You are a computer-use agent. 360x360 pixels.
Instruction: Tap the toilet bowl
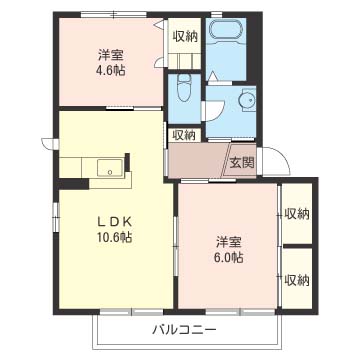click(x=184, y=87)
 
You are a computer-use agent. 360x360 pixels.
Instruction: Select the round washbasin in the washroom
click(x=247, y=99)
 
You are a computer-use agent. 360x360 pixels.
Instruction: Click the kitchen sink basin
click(x=110, y=168)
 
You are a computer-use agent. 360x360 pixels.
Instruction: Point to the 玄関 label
click(x=242, y=162)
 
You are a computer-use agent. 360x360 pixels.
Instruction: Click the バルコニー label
click(x=184, y=330)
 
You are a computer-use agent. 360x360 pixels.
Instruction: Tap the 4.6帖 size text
click(x=112, y=70)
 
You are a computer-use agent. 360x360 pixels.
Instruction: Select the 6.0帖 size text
click(x=229, y=257)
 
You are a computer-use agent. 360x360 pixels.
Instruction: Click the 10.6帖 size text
click(x=114, y=237)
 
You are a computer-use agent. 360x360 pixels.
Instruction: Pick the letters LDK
click(x=114, y=221)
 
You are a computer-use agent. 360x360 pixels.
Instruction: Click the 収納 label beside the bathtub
click(x=185, y=36)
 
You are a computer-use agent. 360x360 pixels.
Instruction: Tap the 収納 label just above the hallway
click(x=184, y=135)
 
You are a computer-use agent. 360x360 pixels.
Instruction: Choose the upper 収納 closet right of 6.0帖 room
click(x=297, y=213)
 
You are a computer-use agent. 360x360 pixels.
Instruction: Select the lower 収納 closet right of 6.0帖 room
click(x=297, y=278)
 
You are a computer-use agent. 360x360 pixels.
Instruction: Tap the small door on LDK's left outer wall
click(x=49, y=144)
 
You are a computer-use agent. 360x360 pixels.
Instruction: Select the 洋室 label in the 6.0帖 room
click(x=229, y=242)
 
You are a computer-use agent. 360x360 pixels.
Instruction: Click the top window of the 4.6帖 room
click(x=114, y=14)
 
